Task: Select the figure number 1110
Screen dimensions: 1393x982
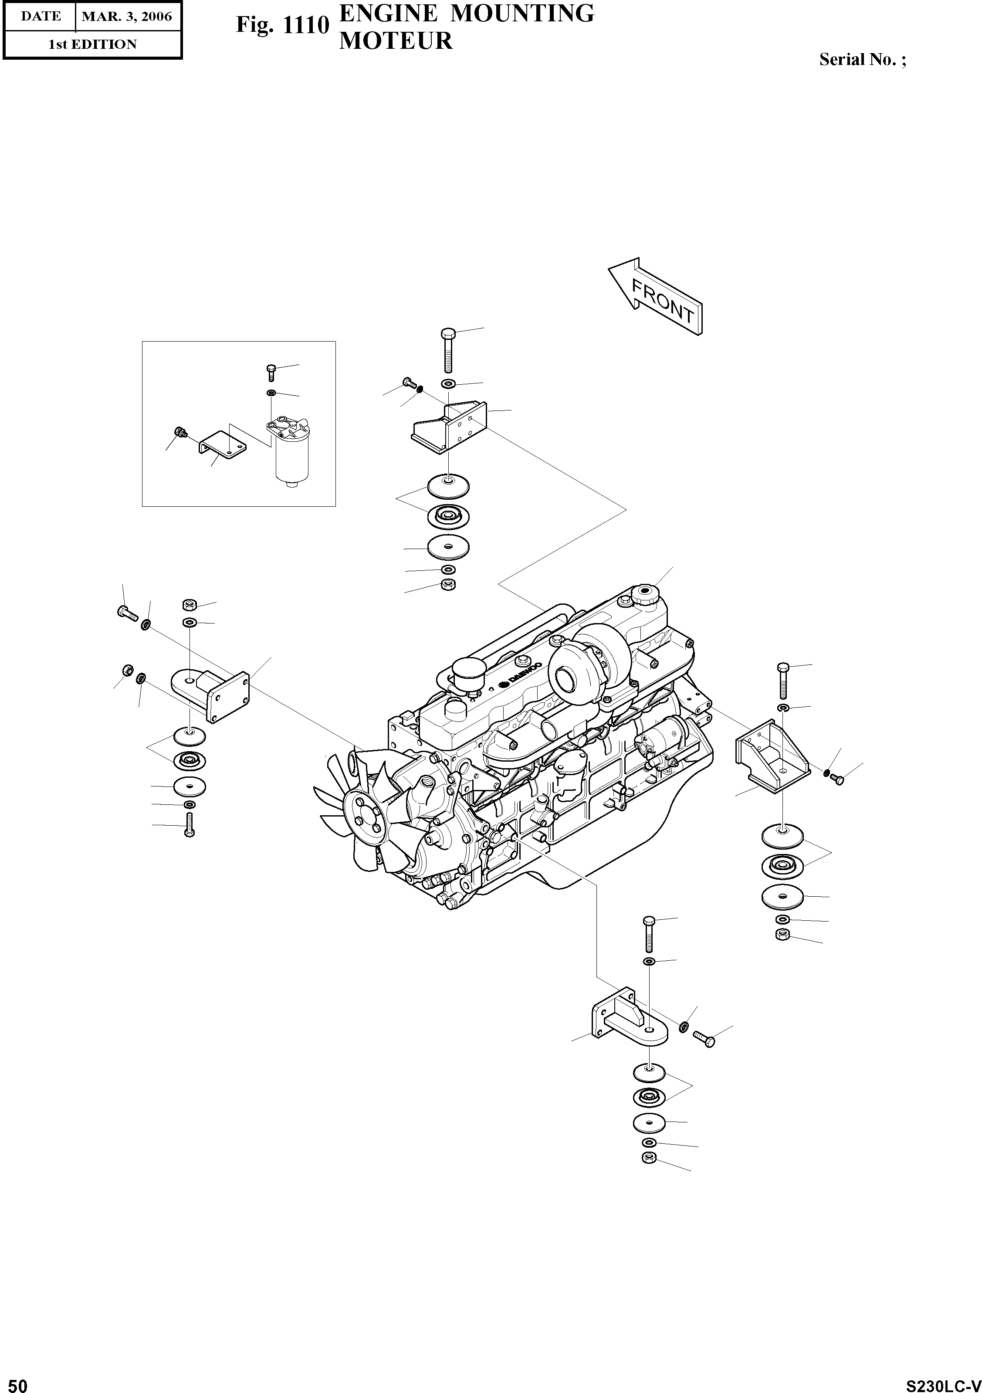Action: [x=306, y=25]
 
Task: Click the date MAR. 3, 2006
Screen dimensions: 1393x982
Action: [x=127, y=17]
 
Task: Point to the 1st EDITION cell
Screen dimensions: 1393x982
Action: [x=92, y=44]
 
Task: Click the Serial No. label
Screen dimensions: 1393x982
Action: [x=863, y=59]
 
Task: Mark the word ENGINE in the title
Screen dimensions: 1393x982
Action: [x=388, y=14]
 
